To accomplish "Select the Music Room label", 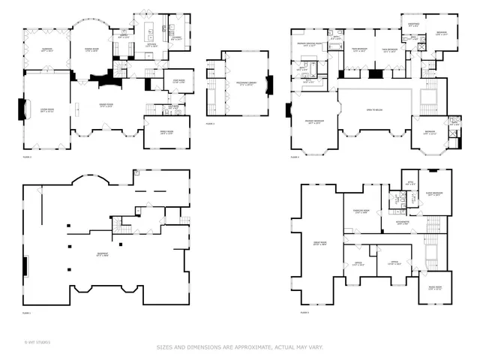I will coord(433,289).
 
